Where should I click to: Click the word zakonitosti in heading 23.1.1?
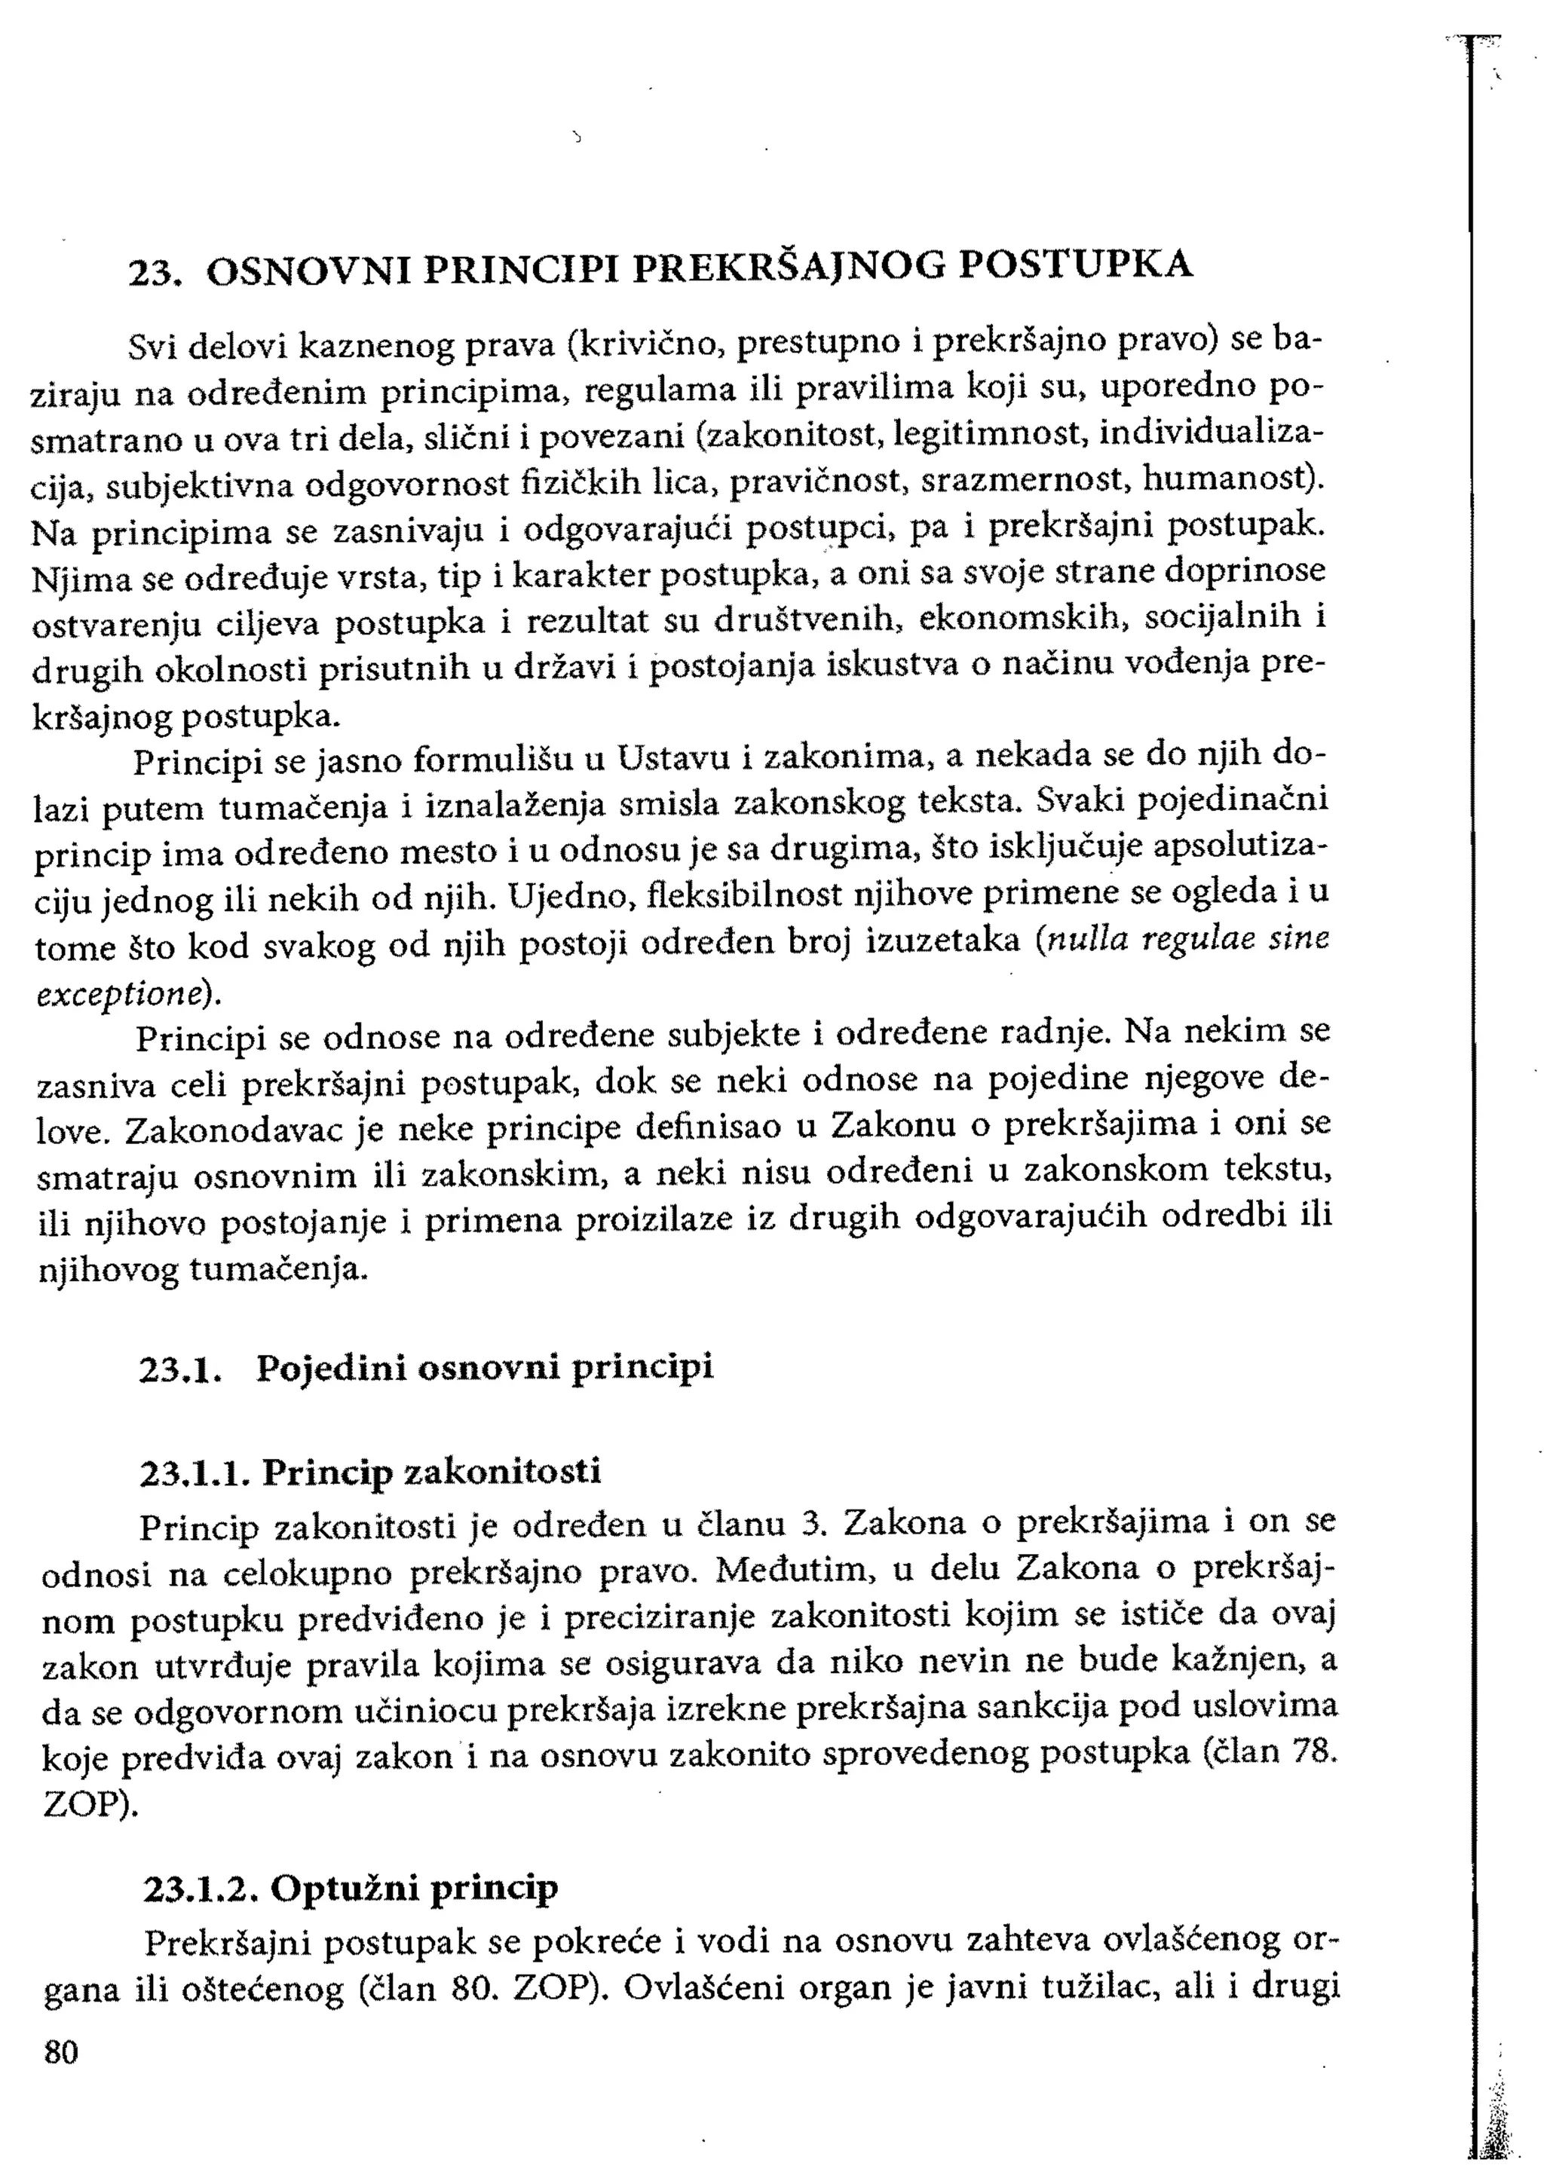pos(504,1473)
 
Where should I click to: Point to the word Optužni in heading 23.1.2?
pos(344,1888)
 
